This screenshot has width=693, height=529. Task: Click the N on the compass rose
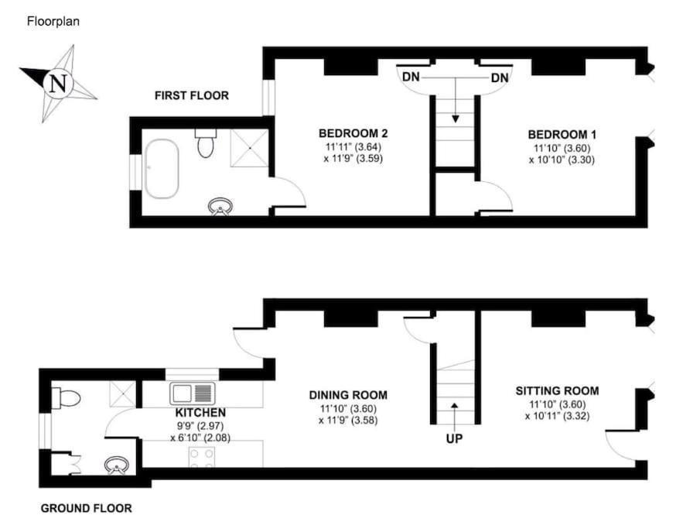[x=59, y=83]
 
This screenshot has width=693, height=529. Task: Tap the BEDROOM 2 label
[x=353, y=132]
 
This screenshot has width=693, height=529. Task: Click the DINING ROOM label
[x=348, y=395]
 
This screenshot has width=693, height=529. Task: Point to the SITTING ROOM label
[x=557, y=390]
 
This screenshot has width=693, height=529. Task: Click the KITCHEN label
[x=200, y=413]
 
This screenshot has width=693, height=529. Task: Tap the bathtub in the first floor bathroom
[x=162, y=169]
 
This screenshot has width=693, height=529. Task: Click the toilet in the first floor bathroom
[x=206, y=143]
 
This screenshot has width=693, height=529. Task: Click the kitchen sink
[x=193, y=393]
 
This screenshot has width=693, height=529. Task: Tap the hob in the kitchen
[x=202, y=456]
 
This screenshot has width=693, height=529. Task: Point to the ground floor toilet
[x=66, y=398]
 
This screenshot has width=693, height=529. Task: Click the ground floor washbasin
[x=117, y=465]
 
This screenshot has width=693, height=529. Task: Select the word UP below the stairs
[x=454, y=438]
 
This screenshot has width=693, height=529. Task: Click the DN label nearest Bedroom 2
[x=411, y=77]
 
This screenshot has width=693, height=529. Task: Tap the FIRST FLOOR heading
[x=192, y=95]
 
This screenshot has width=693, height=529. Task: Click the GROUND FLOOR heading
[x=86, y=508]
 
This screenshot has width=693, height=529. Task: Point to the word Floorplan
[x=53, y=21]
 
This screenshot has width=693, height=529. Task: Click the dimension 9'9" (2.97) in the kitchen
[x=200, y=426]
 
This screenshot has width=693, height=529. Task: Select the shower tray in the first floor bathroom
[x=249, y=148]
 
